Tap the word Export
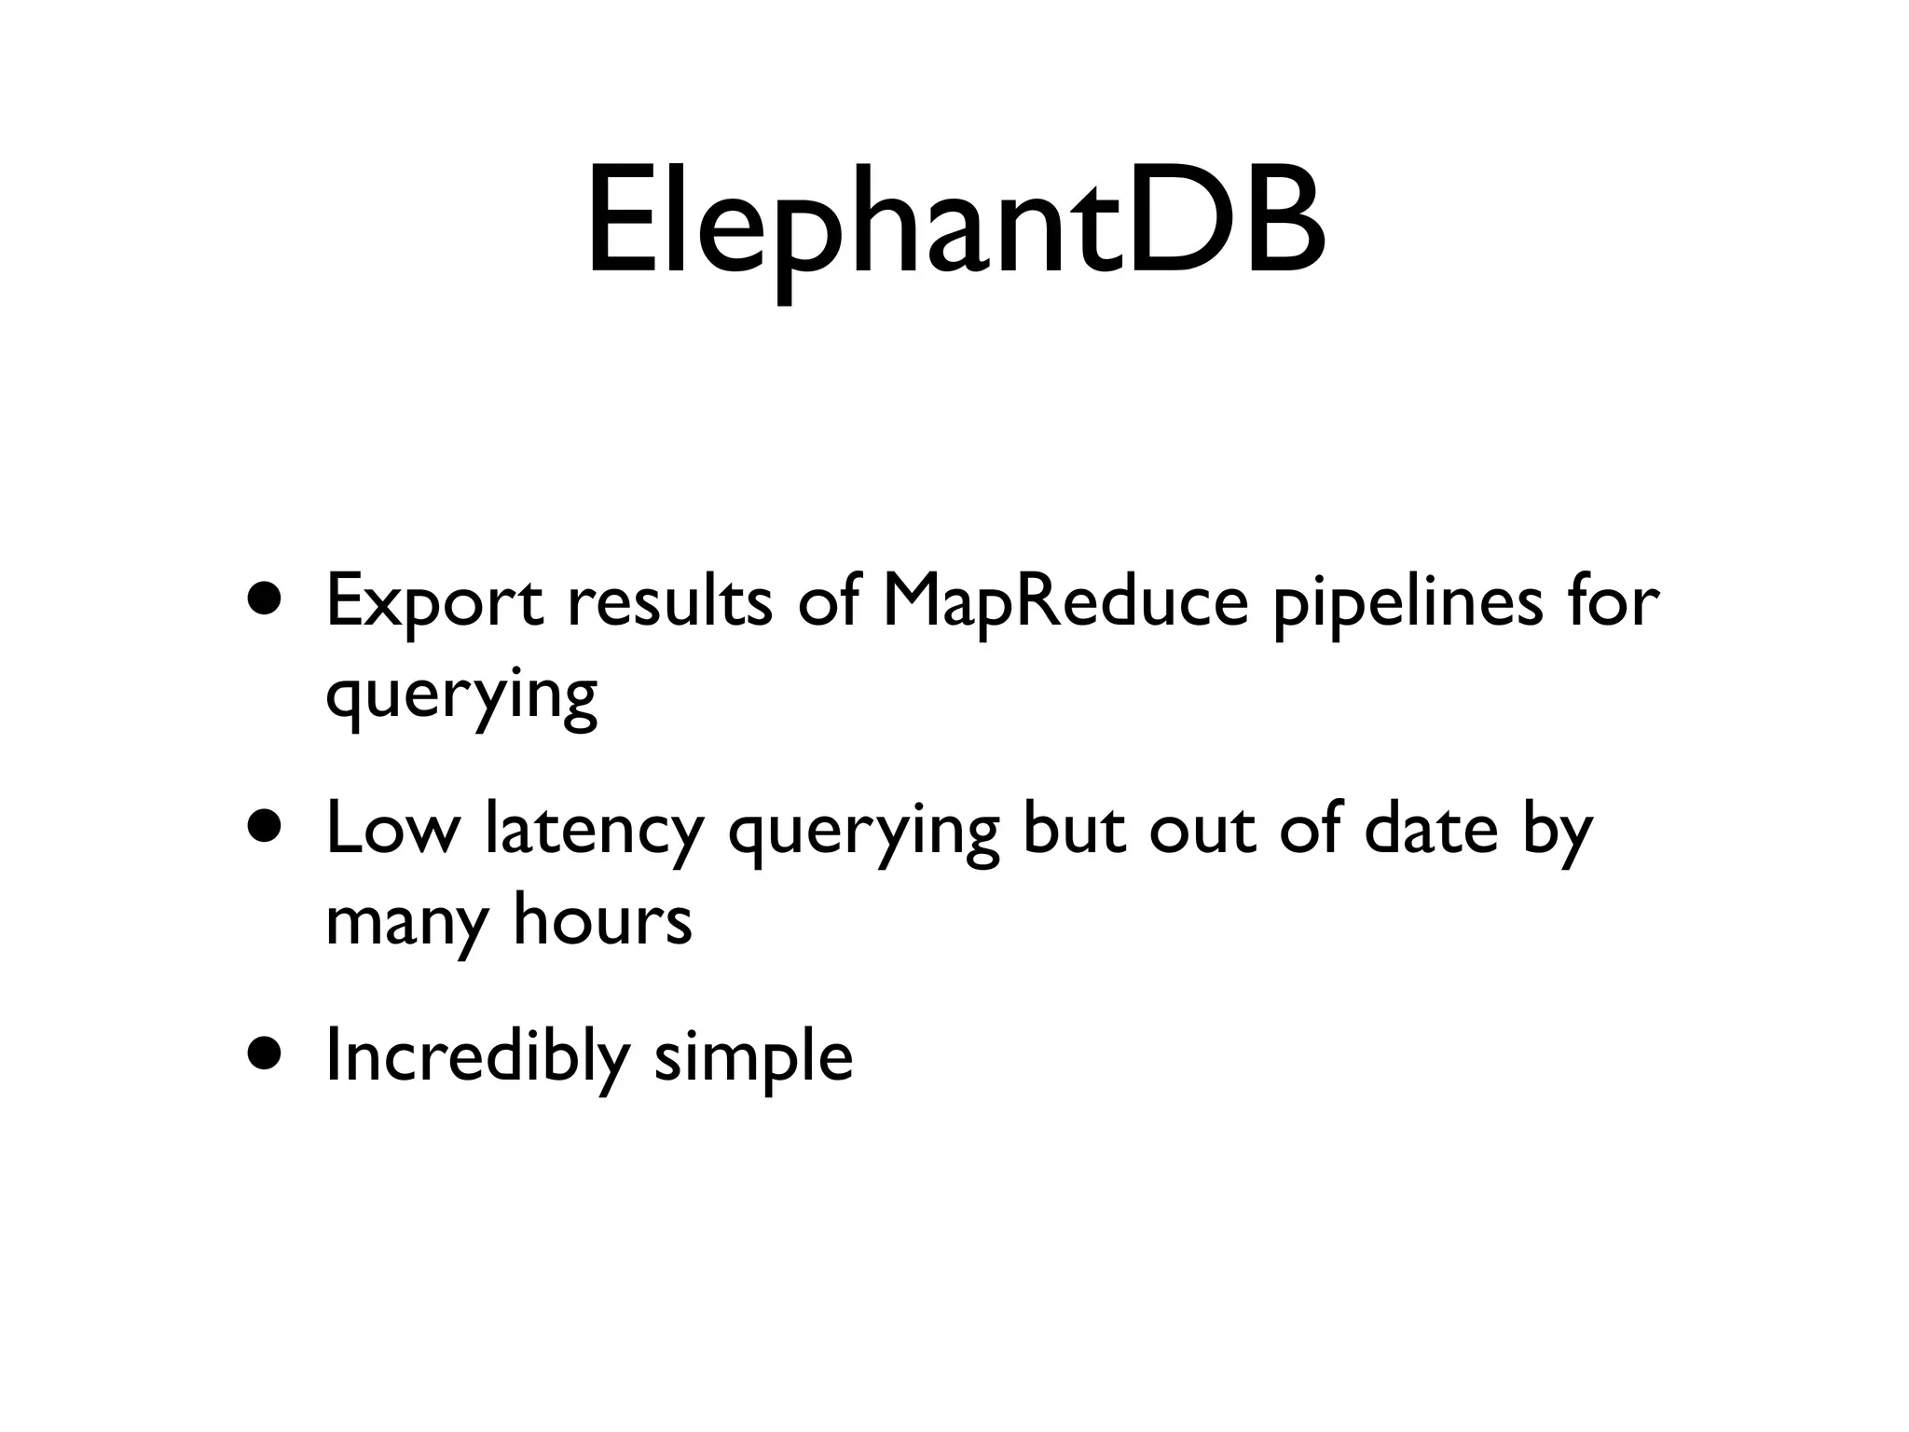pyautogui.click(x=434, y=601)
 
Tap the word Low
pyautogui.click(x=392, y=829)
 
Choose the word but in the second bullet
pyautogui.click(x=1074, y=829)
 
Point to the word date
pyautogui.click(x=1429, y=829)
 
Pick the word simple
pyautogui.click(x=753, y=1057)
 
